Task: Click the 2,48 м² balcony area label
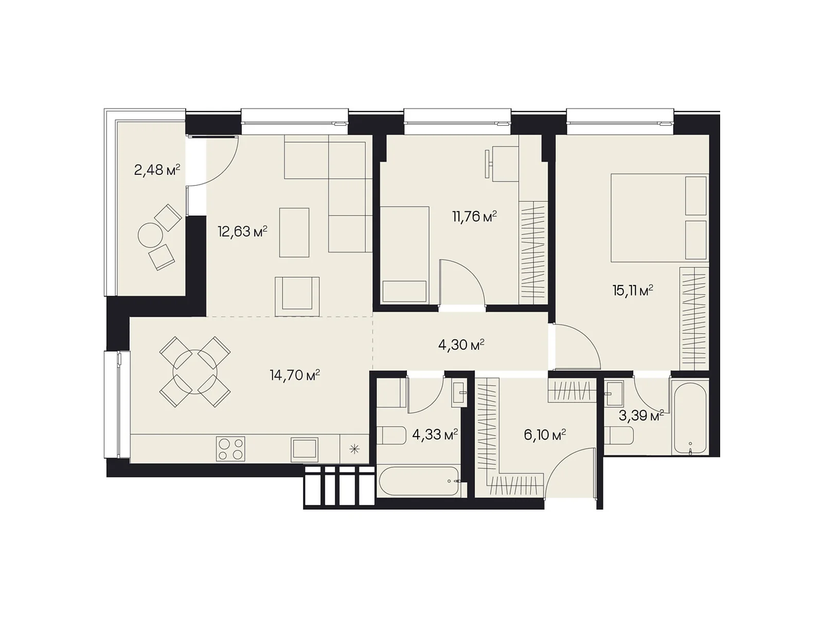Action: point(157,170)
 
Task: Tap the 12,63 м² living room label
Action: point(242,231)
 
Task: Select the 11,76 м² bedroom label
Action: point(474,216)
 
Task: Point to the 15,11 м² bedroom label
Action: point(633,291)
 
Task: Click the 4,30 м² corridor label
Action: point(461,344)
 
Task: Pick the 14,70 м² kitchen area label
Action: point(294,375)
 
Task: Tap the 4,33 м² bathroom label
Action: point(435,434)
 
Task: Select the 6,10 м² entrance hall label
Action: point(545,435)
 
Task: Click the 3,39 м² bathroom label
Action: point(641,415)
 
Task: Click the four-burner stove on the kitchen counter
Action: point(230,448)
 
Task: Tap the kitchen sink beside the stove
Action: point(305,449)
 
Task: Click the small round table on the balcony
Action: point(150,235)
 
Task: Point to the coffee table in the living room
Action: point(294,232)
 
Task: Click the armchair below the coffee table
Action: point(297,296)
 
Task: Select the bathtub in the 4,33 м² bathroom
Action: point(419,481)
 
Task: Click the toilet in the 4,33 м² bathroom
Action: point(391,435)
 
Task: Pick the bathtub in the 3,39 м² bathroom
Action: point(690,419)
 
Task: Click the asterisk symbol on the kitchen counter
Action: point(354,449)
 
